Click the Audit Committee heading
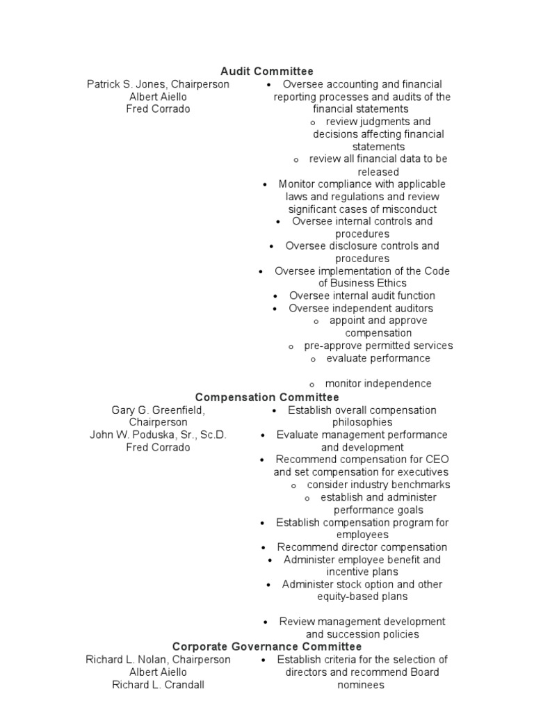pyautogui.click(x=267, y=71)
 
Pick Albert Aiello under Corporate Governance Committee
pyautogui.click(x=158, y=672)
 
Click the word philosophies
pyautogui.click(x=362, y=422)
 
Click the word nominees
pyautogui.click(x=361, y=684)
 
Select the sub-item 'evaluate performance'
pyautogui.click(x=378, y=359)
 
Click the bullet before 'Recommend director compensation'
pyautogui.click(x=265, y=548)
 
